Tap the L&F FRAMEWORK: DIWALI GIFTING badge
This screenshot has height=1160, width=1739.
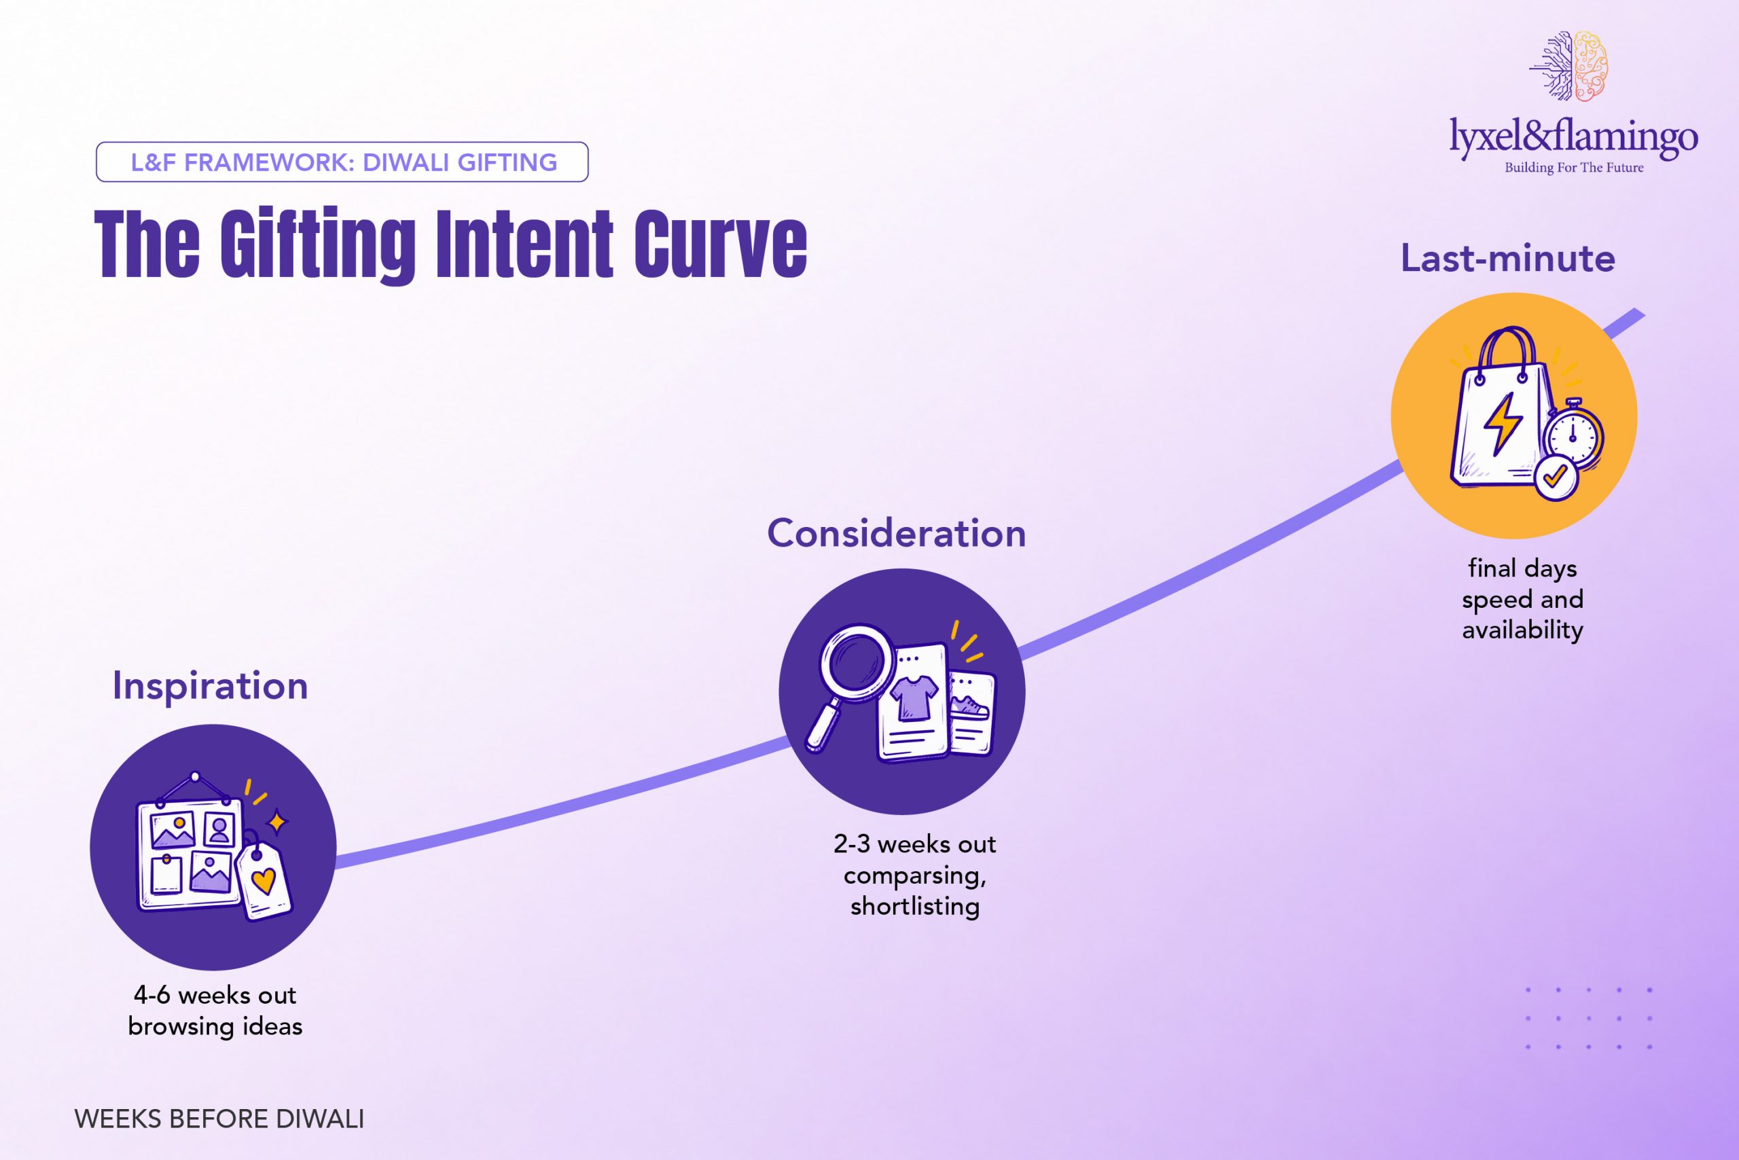click(342, 162)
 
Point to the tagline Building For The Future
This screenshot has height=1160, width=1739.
click(1574, 168)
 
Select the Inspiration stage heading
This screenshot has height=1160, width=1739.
click(210, 686)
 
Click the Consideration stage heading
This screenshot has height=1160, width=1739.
click(896, 533)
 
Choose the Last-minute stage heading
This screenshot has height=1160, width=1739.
click(1507, 259)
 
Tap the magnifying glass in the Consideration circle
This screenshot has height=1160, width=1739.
click(850, 681)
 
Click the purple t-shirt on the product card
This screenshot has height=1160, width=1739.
click(913, 696)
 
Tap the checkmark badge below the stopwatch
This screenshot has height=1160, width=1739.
click(1556, 477)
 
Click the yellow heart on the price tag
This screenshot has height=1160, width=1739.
click(264, 880)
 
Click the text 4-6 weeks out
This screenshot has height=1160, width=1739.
click(215, 995)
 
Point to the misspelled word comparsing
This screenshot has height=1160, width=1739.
click(914, 876)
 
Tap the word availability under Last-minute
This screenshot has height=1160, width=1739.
click(1522, 630)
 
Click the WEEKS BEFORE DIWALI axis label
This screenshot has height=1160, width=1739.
click(219, 1119)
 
